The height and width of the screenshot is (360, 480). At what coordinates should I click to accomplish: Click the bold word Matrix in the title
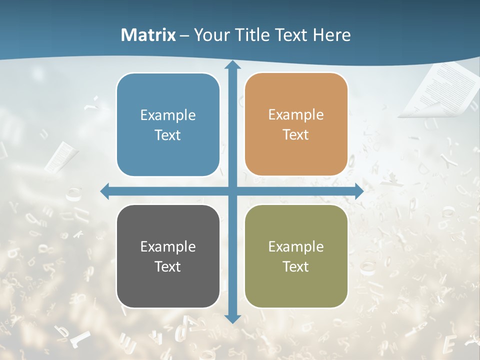point(148,35)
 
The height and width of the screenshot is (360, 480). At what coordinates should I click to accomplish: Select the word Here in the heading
point(331,35)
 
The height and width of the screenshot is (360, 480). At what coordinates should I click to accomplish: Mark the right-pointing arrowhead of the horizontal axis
point(358,191)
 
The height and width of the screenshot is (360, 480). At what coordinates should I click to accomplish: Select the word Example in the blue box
point(168,115)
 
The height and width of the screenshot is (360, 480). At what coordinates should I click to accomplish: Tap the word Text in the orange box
point(296,135)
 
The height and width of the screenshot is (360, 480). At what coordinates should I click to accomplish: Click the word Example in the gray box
point(168,246)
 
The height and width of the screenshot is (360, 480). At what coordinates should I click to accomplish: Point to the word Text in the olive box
point(296,266)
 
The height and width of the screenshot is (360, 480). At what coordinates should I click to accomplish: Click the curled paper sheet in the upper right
point(440,90)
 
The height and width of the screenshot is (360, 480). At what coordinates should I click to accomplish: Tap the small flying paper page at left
point(60,156)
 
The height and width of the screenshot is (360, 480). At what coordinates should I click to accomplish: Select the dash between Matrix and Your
point(184,35)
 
